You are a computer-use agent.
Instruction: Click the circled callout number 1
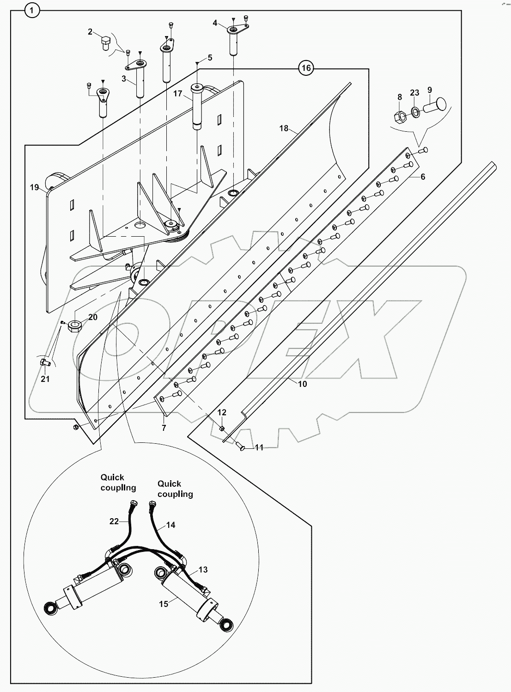[x=32, y=10]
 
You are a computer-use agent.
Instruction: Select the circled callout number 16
[x=305, y=68]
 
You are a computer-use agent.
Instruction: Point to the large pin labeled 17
[x=198, y=107]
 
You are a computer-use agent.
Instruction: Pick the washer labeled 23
[x=415, y=111]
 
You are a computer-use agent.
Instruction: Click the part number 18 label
[x=284, y=128]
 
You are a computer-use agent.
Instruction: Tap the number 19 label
[x=34, y=187]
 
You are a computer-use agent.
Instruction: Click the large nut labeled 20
[x=74, y=326]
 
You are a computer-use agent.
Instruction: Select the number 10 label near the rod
[x=302, y=383]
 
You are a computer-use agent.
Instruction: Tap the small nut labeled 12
[x=222, y=429]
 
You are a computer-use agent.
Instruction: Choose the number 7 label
[x=164, y=428]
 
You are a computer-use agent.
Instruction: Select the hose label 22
[x=114, y=521]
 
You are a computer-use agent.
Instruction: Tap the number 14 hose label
[x=170, y=525]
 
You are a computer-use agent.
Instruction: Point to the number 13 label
[x=203, y=570]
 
